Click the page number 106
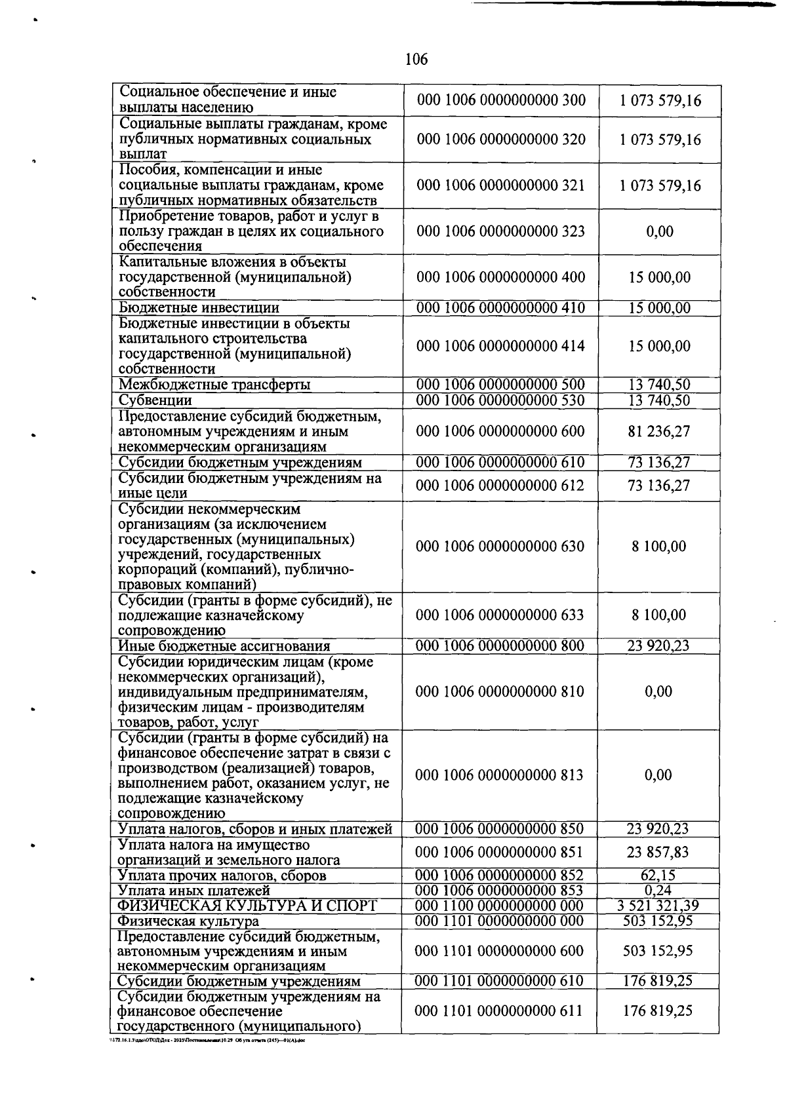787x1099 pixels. [416, 60]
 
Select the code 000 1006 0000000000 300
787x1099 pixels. [500, 100]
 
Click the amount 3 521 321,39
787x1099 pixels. [658, 906]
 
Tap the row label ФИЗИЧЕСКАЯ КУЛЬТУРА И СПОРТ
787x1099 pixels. [247, 906]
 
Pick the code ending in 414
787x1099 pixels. [500, 346]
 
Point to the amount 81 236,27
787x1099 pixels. [658, 431]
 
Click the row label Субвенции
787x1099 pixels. [155, 400]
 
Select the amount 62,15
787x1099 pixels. [658, 876]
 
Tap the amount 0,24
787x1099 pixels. [658, 891]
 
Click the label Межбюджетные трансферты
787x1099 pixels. [214, 385]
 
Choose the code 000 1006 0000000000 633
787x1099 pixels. [500, 615]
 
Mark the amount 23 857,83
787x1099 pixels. [658, 853]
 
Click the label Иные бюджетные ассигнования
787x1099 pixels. [224, 646]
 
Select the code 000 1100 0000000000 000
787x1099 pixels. [500, 906]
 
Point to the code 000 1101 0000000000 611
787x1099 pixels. [500, 1011]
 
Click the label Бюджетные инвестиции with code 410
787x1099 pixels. [199, 308]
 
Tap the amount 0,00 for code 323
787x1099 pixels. [658, 231]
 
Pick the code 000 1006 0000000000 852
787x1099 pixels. [500, 876]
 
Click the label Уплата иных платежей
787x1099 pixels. [193, 891]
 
